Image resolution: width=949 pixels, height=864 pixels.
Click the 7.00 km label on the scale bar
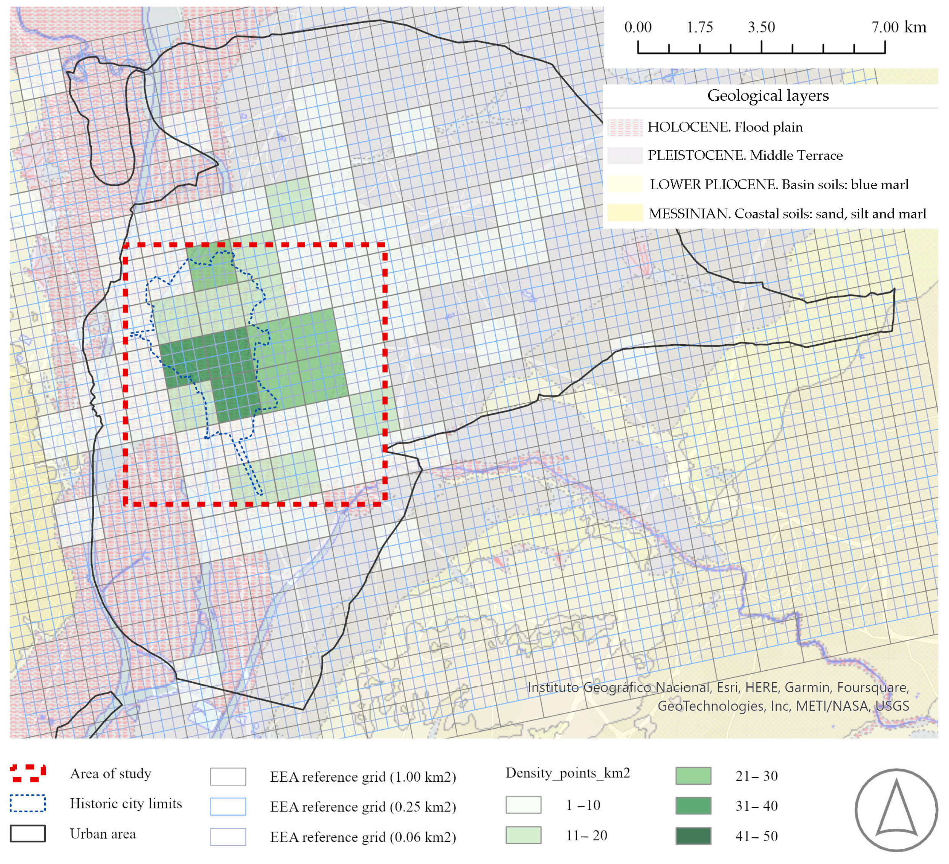click(898, 27)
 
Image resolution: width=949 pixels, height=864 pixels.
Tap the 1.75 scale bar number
click(700, 27)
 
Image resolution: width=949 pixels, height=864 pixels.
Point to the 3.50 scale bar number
click(761, 27)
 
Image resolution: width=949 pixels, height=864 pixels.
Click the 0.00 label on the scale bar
click(638, 27)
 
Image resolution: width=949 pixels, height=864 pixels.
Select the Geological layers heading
click(768, 96)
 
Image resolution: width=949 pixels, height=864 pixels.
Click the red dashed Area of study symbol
click(28, 773)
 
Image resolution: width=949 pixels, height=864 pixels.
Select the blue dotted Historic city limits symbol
click(28, 803)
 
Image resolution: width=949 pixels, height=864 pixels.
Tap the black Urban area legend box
click(28, 833)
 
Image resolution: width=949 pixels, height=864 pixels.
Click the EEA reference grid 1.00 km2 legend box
click(228, 776)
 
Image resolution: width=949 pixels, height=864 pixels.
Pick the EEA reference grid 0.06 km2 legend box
click(228, 837)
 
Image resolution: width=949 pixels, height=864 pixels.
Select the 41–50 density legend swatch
click(693, 836)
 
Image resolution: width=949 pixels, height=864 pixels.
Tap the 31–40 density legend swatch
click(693, 806)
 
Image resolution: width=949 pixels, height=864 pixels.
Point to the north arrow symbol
click(896, 809)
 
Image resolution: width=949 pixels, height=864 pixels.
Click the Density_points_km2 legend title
click(568, 773)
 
